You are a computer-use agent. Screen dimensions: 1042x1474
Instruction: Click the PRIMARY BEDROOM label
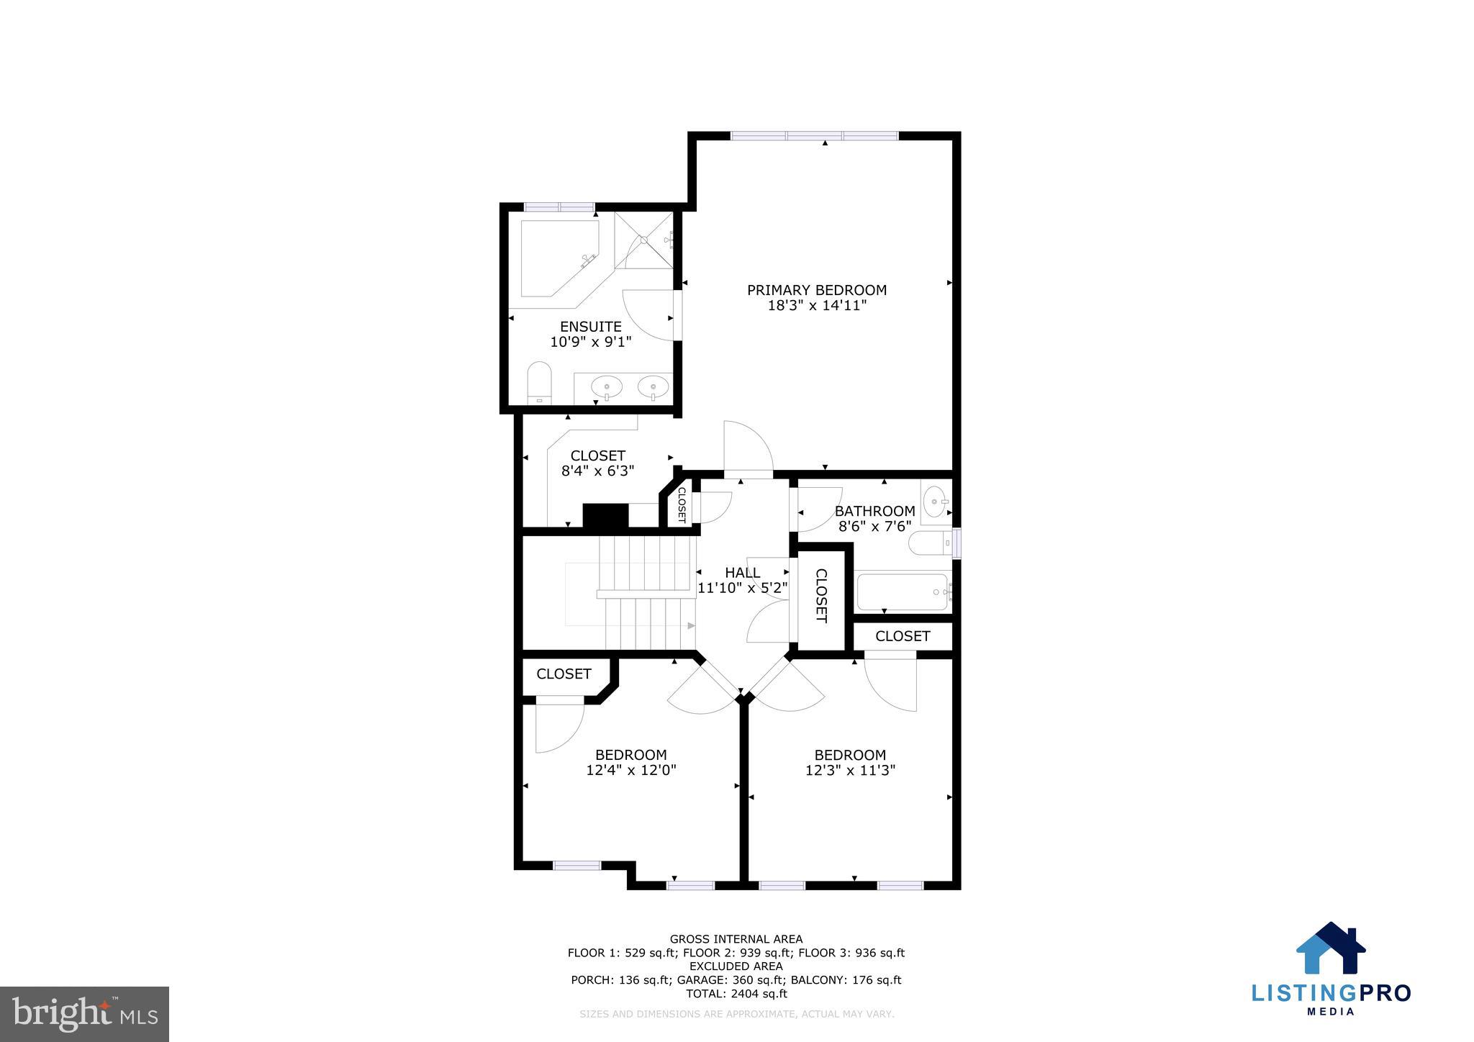pyautogui.click(x=816, y=290)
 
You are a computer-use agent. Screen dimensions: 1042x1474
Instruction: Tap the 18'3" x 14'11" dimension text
pyautogui.click(x=817, y=306)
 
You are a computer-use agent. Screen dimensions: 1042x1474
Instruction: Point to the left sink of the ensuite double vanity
pyautogui.click(x=607, y=387)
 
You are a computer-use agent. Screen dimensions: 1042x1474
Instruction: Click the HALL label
pyautogui.click(x=742, y=573)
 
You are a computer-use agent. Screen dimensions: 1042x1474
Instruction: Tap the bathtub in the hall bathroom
pyautogui.click(x=903, y=592)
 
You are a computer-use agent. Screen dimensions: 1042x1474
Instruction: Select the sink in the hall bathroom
pyautogui.click(x=935, y=499)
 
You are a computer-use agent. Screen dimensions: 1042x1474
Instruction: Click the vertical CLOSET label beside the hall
pyautogui.click(x=820, y=596)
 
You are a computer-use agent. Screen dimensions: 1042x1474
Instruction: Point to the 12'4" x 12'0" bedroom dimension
pyautogui.click(x=631, y=770)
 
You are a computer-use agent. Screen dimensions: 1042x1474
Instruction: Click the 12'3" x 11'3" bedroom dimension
pyautogui.click(x=850, y=770)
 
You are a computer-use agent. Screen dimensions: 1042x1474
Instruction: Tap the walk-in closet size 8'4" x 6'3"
pyautogui.click(x=597, y=471)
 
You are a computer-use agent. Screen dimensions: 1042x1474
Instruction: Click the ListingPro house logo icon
pyautogui.click(x=1331, y=948)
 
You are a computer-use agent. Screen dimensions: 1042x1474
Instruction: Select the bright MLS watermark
pyautogui.click(x=85, y=1014)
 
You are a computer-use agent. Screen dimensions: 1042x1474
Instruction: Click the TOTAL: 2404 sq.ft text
pyautogui.click(x=736, y=994)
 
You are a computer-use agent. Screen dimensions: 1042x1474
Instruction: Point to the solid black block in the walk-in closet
pyautogui.click(x=605, y=515)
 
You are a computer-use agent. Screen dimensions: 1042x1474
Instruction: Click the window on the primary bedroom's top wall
pyautogui.click(x=815, y=135)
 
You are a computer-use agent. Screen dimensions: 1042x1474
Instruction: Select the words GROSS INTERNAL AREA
pyautogui.click(x=736, y=939)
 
